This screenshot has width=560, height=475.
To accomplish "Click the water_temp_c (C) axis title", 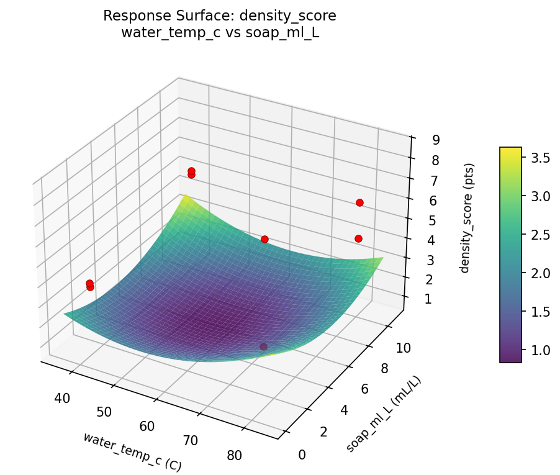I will point(132,451).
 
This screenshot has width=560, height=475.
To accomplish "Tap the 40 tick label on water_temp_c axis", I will point(62,398).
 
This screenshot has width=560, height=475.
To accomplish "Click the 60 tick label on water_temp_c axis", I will point(148,426).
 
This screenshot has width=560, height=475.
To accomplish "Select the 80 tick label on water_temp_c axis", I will point(234,455).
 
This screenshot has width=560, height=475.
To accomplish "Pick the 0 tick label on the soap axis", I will point(302,455).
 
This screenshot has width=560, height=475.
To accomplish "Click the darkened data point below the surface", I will point(263,346).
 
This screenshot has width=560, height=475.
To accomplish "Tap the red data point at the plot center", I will point(264,239).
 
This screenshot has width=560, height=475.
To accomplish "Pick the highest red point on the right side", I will point(359,202).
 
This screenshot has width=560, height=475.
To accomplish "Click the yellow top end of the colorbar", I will point(510,151).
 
